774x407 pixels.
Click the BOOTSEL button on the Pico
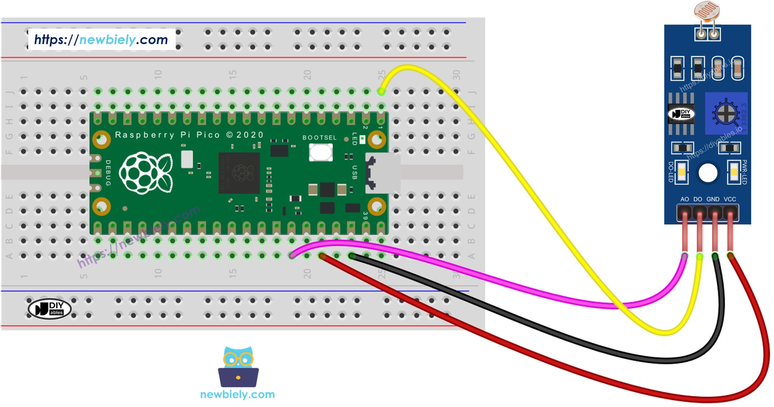pyautogui.click(x=320, y=152)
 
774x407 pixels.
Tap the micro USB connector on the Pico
pyautogui.click(x=382, y=173)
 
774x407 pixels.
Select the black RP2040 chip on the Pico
pyautogui.click(x=239, y=173)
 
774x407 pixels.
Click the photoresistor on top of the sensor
pyautogui.click(x=707, y=12)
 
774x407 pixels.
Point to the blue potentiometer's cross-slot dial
pyautogui.click(x=726, y=113)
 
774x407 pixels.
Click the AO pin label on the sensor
pyautogui.click(x=685, y=199)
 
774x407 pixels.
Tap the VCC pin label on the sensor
pyautogui.click(x=730, y=199)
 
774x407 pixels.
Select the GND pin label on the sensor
pyautogui.click(x=713, y=199)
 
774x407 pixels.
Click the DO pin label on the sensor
pyautogui.click(x=698, y=199)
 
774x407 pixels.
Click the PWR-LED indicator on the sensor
pyautogui.click(x=734, y=172)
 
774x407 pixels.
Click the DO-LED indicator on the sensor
pyautogui.click(x=682, y=172)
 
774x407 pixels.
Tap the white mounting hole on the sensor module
pyautogui.click(x=708, y=173)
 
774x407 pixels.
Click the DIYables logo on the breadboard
pyautogui.click(x=50, y=308)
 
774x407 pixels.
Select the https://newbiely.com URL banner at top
pyautogui.click(x=101, y=39)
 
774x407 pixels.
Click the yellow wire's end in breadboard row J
pyautogui.click(x=381, y=91)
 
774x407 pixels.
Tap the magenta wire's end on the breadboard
pyautogui.click(x=293, y=255)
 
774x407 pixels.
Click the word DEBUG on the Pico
pyautogui.click(x=108, y=173)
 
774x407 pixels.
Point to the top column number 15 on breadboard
pyautogui.click(x=232, y=74)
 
